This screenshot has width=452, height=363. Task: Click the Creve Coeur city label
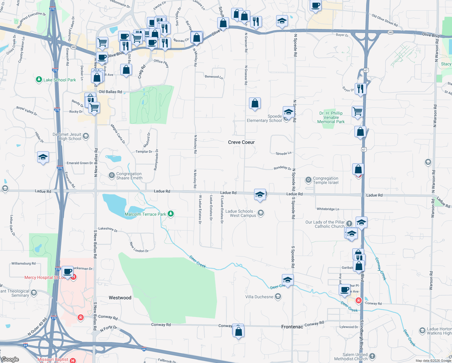pos(241,142)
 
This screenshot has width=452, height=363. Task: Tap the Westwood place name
pos(120,298)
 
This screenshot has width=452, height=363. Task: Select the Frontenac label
pos(292,327)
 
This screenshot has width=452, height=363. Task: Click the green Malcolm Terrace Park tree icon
pos(171,214)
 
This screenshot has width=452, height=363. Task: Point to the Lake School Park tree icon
pos(39,80)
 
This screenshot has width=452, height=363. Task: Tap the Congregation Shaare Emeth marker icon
pos(111,175)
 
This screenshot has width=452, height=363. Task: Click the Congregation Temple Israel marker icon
pos(308,180)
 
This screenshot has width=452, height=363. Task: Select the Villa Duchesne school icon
pos(278,296)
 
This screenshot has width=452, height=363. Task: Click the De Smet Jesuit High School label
pos(67,136)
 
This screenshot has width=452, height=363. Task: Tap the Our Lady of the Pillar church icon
pos(349,224)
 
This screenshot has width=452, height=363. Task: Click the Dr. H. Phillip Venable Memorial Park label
pos(331,117)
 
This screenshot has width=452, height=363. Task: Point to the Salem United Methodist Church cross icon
pos(372,356)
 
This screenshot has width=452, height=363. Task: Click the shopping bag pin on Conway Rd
pos(238,331)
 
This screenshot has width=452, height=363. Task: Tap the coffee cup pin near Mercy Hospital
pos(68,270)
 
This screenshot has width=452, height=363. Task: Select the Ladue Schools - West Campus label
pos(241,213)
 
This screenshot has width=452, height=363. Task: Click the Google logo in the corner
pos(10,359)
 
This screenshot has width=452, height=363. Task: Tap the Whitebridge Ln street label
pos(328,209)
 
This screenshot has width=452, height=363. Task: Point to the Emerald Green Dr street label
pos(80,163)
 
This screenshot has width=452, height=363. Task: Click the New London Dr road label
pos(139,247)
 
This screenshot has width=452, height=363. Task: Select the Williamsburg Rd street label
pos(23,263)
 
